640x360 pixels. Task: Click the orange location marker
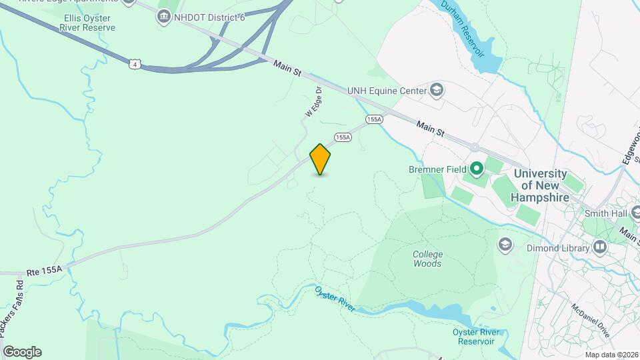pos(320,159)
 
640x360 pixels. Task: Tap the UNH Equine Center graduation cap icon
pos(437,89)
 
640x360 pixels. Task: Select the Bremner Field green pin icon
pos(476,169)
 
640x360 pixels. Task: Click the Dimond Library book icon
pos(601,248)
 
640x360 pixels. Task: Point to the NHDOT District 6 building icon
pos(164,16)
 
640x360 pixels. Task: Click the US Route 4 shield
pos(135,64)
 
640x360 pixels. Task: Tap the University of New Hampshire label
pos(540,185)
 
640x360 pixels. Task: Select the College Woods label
pos(427,259)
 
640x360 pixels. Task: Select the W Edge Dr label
pos(313,102)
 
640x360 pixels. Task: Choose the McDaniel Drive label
pos(590,321)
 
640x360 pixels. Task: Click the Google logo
pos(22,352)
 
